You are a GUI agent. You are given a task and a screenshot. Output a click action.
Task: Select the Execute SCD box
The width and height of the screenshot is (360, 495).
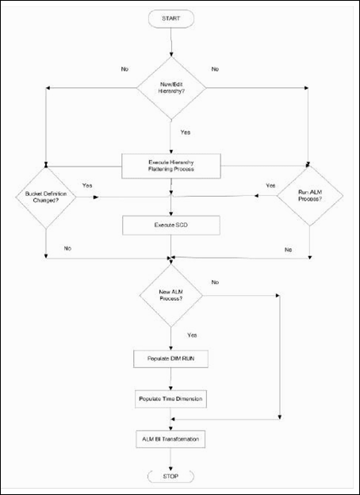coord(171,225)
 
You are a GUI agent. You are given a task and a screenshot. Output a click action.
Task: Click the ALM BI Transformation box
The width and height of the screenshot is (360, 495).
coord(171,437)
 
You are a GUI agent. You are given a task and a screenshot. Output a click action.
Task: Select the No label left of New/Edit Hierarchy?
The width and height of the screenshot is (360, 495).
coord(124,69)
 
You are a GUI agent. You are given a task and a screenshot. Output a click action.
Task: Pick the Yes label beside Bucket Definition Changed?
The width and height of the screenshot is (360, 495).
coord(87,186)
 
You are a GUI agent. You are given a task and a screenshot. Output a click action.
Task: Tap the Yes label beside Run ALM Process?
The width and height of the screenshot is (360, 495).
coord(270,186)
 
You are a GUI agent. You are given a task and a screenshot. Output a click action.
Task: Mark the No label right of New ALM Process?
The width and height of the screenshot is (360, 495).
coord(215,282)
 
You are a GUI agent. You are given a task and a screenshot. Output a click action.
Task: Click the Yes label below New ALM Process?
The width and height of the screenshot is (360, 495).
coord(190,335)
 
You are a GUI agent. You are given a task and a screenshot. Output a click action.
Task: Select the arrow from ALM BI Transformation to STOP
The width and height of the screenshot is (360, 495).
coord(171,457)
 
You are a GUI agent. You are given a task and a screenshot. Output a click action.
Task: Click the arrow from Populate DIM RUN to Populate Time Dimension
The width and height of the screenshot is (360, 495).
coord(171,376)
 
